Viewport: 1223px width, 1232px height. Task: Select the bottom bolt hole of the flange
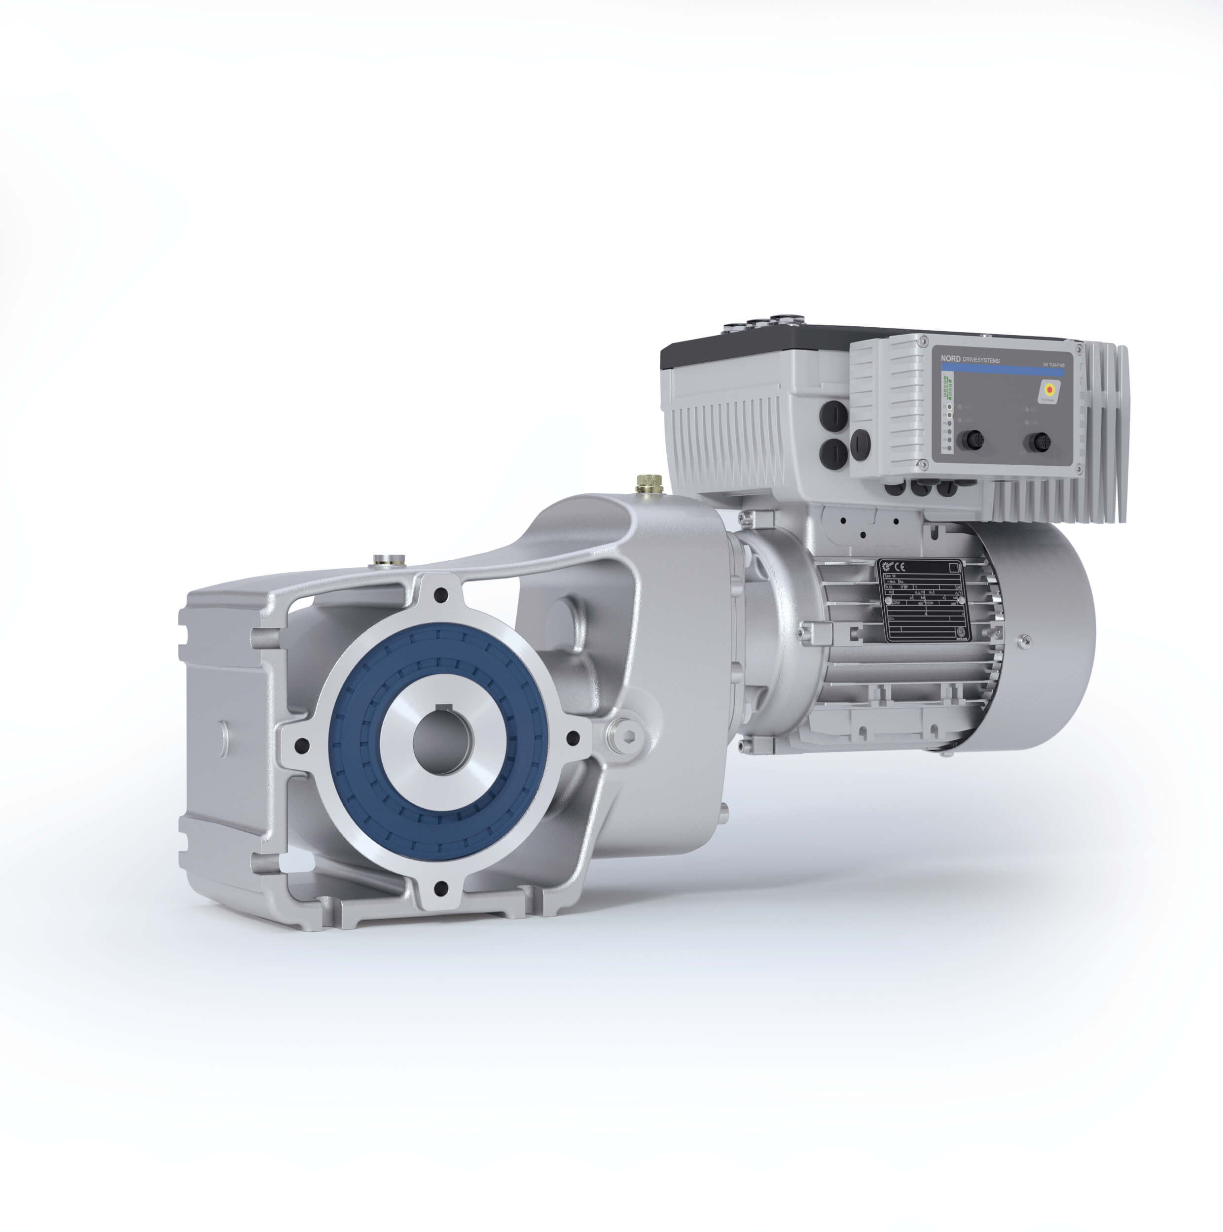[439, 887]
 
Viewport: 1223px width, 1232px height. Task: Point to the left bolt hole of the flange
[302, 744]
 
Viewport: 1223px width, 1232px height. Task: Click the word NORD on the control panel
[950, 359]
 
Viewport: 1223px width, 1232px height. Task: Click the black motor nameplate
[923, 599]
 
